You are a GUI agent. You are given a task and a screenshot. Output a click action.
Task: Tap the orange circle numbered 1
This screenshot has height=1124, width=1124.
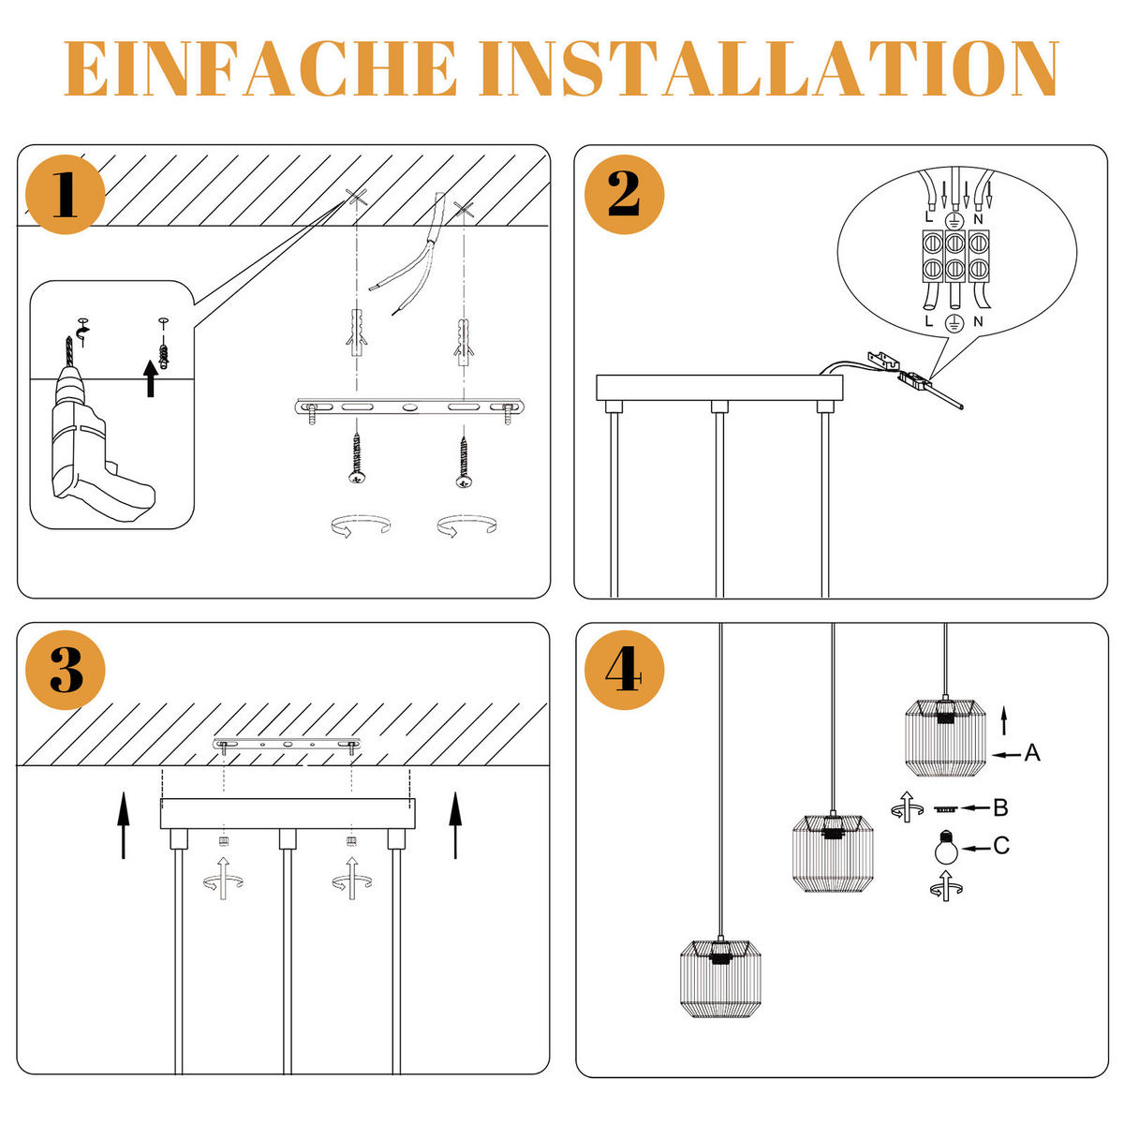click(65, 195)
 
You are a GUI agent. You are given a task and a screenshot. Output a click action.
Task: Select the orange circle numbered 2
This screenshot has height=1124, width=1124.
click(624, 195)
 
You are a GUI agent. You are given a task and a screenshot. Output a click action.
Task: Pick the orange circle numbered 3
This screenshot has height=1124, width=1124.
click(65, 670)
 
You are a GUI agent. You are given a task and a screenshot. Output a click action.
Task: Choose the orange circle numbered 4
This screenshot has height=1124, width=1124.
click(624, 670)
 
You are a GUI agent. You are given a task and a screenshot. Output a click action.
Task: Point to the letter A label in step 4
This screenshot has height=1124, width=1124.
click(1032, 752)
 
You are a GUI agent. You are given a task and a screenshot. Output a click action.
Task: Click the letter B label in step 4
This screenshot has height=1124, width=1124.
click(1000, 806)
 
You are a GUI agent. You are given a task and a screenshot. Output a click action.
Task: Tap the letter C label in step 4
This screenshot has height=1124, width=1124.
click(1001, 847)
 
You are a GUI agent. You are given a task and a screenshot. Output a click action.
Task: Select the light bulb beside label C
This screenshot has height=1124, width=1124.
click(946, 847)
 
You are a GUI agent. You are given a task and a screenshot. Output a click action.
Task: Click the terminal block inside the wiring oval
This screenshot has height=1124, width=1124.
click(953, 256)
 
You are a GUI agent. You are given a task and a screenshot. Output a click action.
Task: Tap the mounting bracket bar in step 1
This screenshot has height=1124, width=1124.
click(408, 408)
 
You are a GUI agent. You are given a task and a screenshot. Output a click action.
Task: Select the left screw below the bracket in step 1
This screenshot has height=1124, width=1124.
click(357, 459)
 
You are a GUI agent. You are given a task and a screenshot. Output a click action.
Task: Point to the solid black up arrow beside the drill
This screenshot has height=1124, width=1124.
click(151, 379)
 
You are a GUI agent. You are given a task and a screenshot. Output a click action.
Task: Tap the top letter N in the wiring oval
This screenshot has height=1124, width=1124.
click(978, 218)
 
